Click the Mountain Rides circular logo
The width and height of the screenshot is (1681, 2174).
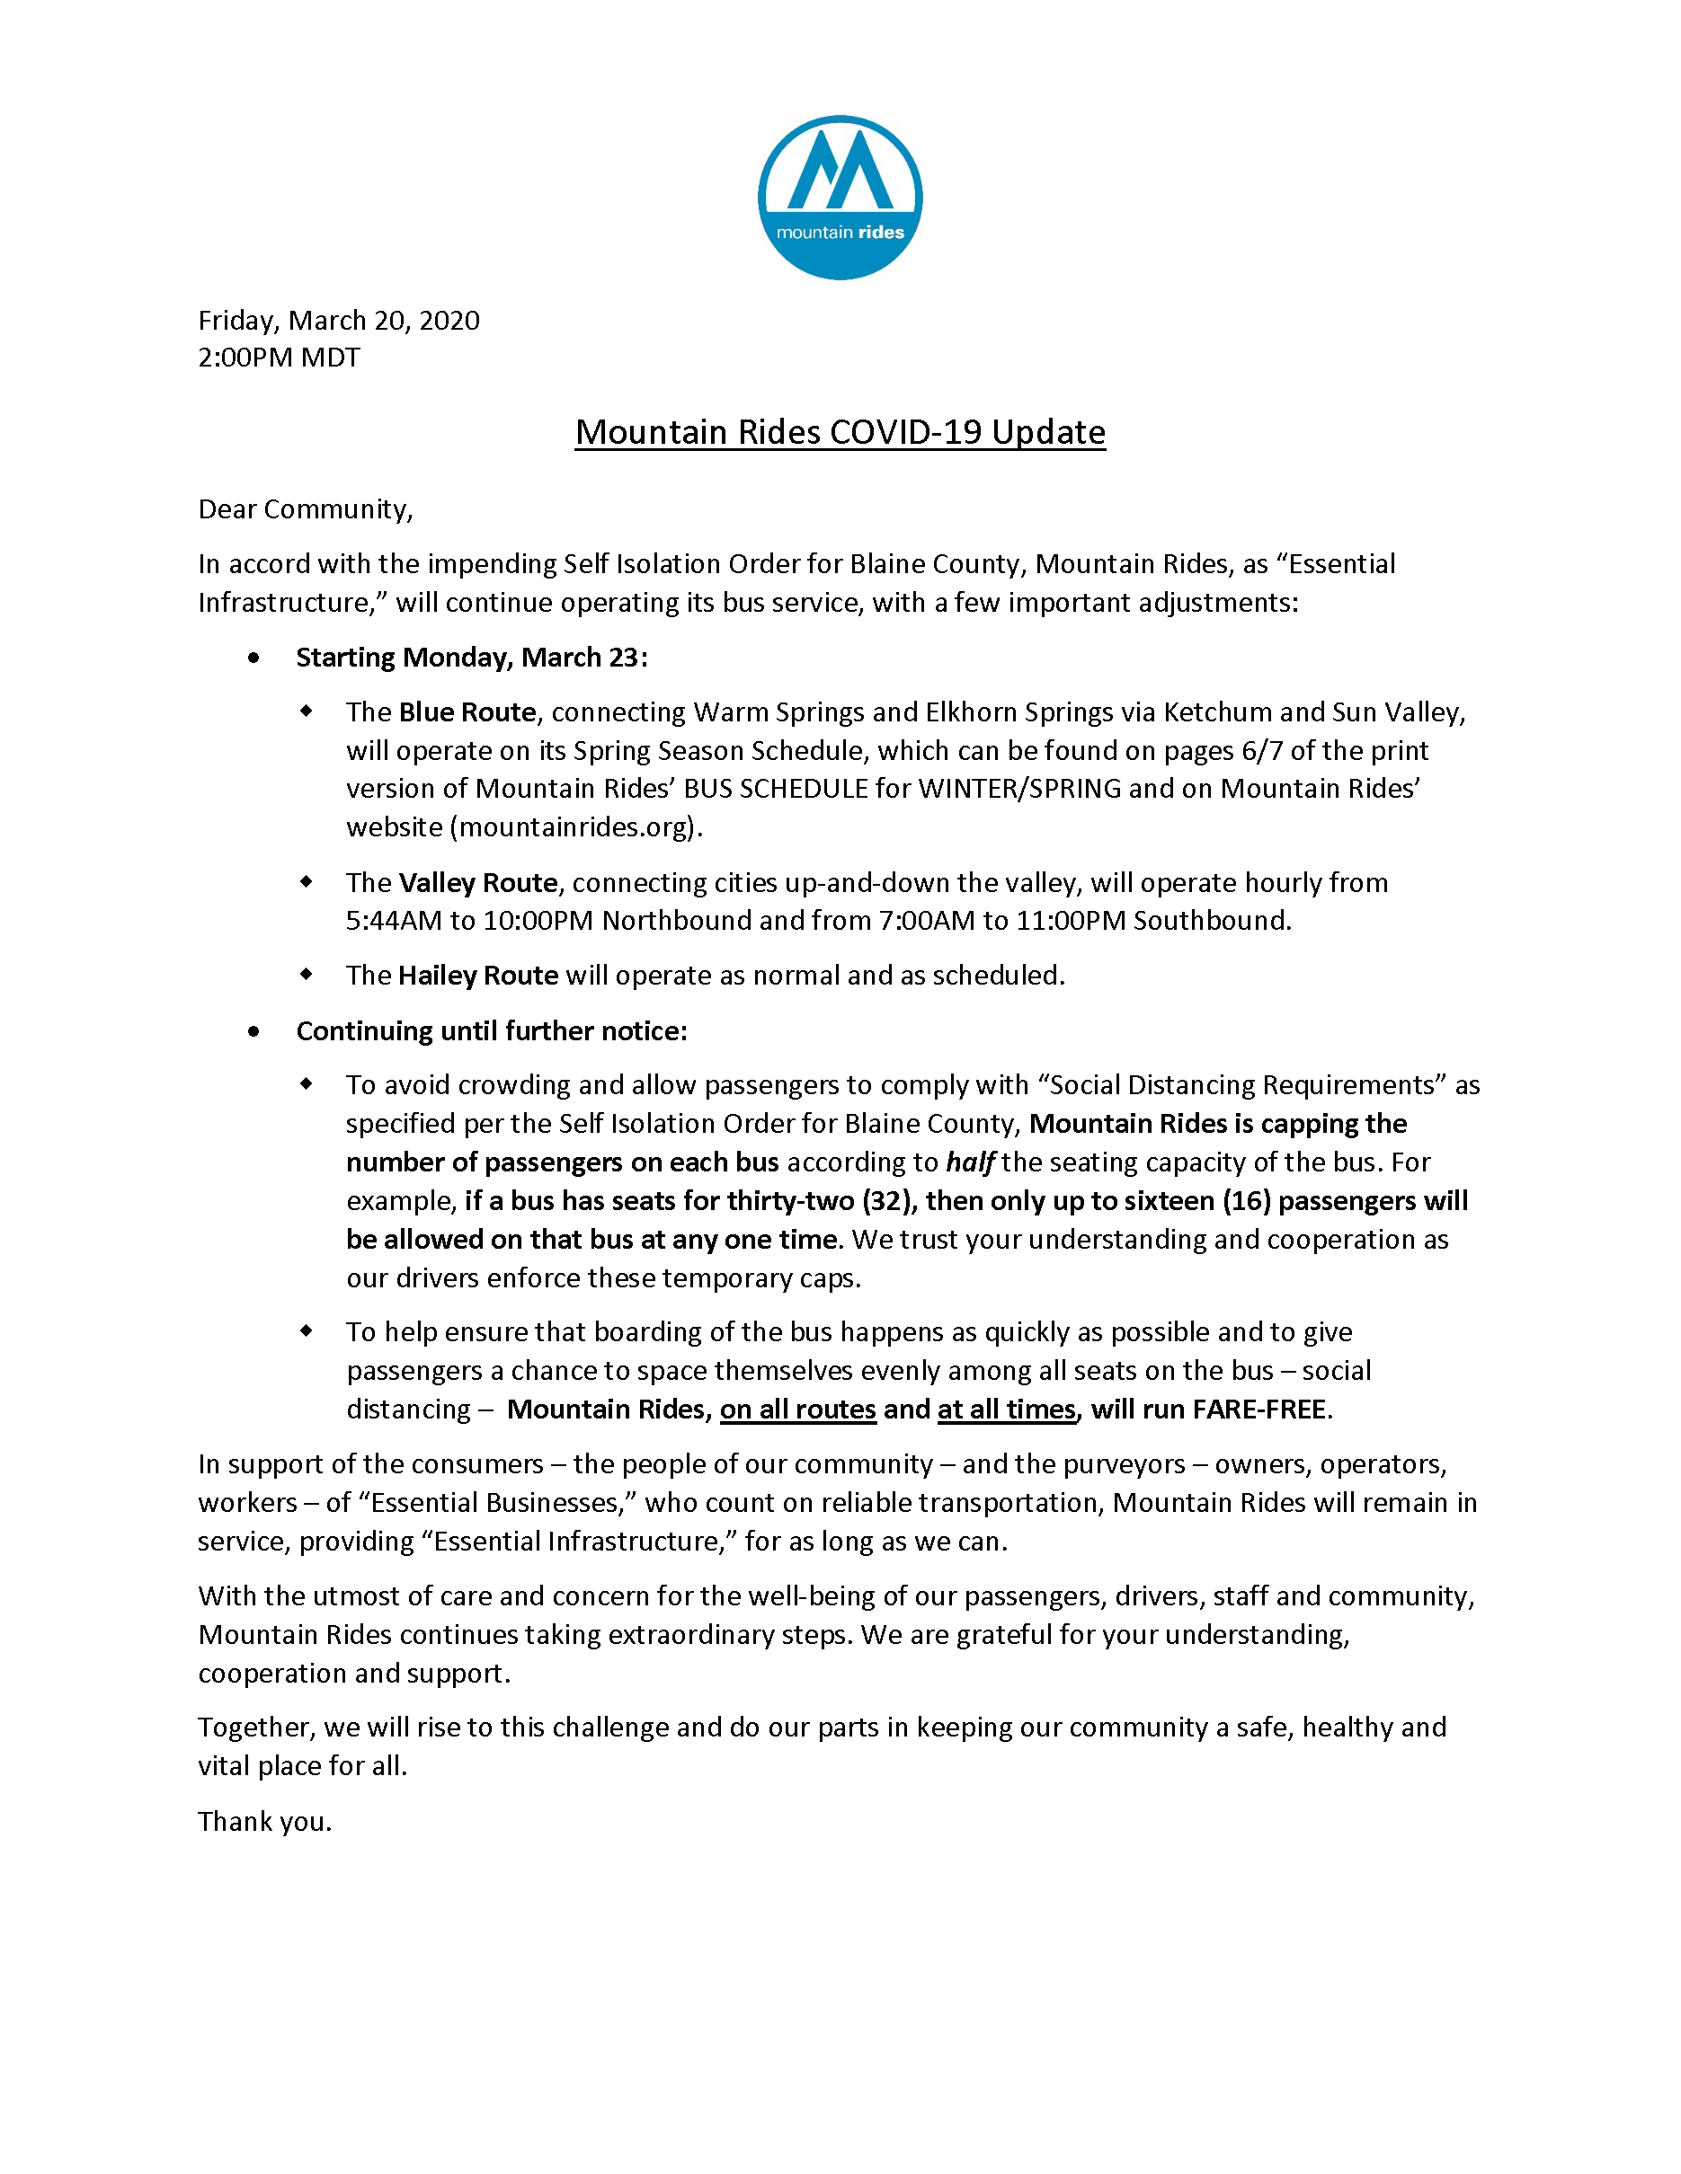[x=840, y=197]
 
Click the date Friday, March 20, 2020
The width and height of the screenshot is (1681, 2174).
[x=339, y=321]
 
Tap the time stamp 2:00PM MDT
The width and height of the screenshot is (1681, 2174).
[x=279, y=358]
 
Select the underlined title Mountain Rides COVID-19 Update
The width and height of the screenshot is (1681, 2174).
[x=840, y=432]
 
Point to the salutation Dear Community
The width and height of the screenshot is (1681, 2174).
[x=305, y=509]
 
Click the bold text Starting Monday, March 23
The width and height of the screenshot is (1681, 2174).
[x=471, y=658]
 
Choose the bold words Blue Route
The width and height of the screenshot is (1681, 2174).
[x=467, y=712]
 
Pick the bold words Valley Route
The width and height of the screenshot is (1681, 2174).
[x=478, y=883]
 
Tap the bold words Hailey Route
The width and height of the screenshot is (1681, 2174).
[x=478, y=976]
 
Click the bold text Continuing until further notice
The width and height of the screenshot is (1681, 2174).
[x=491, y=1031]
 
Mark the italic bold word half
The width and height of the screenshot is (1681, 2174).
[x=969, y=1162]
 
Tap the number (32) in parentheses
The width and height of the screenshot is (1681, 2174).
[x=887, y=1201]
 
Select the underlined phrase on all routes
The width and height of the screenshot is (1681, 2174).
[x=797, y=1410]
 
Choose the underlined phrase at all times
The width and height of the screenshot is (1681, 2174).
[x=1007, y=1410]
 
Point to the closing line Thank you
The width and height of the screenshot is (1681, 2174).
[x=264, y=1822]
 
